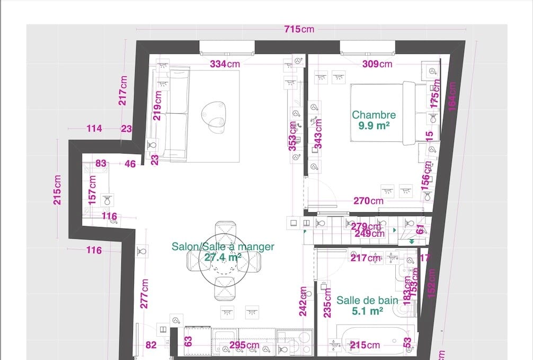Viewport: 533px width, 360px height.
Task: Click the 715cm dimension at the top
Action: pyautogui.click(x=299, y=29)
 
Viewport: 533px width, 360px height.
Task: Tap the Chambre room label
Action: pyautogui.click(x=374, y=115)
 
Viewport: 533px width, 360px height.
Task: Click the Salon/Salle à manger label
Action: pyautogui.click(x=223, y=247)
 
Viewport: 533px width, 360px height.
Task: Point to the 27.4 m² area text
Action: pyautogui.click(x=223, y=257)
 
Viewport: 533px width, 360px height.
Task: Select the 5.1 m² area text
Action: pyautogui.click(x=367, y=311)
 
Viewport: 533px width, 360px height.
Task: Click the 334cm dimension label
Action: pyautogui.click(x=225, y=64)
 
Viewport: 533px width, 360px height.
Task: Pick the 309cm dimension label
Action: pyautogui.click(x=377, y=64)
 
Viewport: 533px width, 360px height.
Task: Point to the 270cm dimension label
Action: pyautogui.click(x=369, y=201)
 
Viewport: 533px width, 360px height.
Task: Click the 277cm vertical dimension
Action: pyautogui.click(x=145, y=293)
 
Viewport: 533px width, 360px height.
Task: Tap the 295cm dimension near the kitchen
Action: pyautogui.click(x=244, y=346)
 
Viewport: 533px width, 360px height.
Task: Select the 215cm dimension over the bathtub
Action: pyautogui.click(x=365, y=346)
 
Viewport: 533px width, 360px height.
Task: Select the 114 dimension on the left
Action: pyautogui.click(x=94, y=129)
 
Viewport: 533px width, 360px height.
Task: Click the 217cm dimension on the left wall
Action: pyautogui.click(x=123, y=90)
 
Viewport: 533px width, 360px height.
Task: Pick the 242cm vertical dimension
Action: pyautogui.click(x=303, y=302)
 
